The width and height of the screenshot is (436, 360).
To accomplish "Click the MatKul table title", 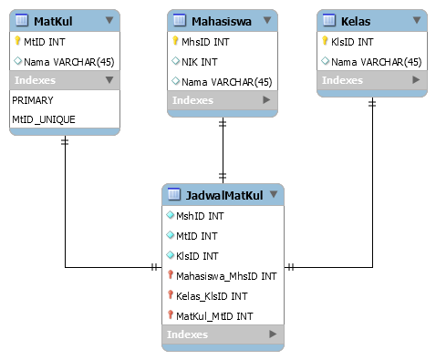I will coord(53,20).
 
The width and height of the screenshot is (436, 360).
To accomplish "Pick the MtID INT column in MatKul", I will coord(45,41).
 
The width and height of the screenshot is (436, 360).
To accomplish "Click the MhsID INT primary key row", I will coord(207,41).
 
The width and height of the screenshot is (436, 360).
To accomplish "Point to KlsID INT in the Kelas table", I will coord(353,41).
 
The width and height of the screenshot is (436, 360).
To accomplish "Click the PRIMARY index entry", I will coord(33,100).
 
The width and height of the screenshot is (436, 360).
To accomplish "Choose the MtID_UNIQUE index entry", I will coord(44,119).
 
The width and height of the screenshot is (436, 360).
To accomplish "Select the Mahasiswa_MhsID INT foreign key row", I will coord(225,275).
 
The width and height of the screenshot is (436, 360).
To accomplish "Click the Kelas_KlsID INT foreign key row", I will coord(211,295).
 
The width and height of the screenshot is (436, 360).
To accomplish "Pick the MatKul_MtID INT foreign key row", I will coord(214,315).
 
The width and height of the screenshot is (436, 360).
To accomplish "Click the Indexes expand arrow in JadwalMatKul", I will coord(272,335).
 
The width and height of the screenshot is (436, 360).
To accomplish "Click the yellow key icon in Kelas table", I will coord(325,41).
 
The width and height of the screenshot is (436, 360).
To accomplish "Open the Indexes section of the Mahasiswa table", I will coord(192,100).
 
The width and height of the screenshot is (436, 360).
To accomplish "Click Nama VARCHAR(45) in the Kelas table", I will coord(375,61).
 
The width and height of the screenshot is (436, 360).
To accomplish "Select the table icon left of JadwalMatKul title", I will coord(174,195).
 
